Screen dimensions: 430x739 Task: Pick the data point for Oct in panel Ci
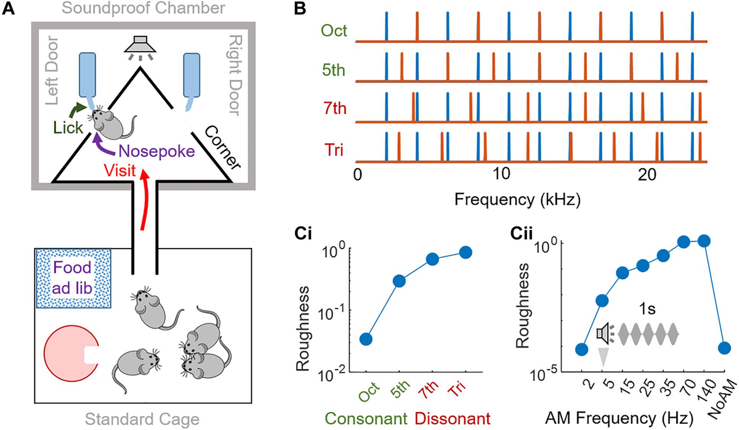coord(366,339)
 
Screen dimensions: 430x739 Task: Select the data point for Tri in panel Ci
coord(466,252)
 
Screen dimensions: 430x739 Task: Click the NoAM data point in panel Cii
coord(725,348)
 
